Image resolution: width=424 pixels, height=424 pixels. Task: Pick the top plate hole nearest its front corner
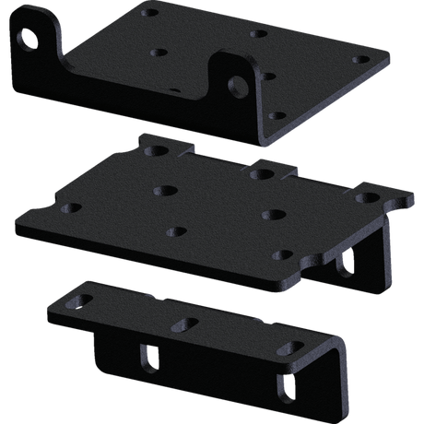[x=274, y=116]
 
